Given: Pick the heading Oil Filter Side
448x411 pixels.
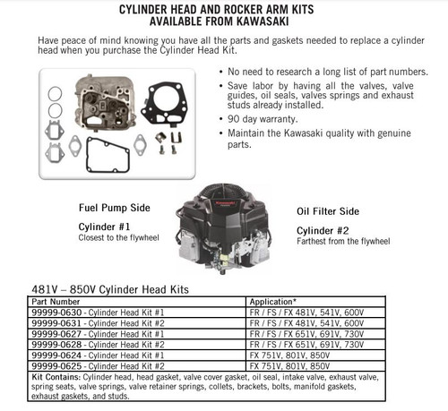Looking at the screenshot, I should click(x=328, y=211).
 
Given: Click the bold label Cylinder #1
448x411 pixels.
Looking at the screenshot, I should click(x=106, y=227).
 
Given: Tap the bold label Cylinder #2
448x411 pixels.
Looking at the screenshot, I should click(x=323, y=230).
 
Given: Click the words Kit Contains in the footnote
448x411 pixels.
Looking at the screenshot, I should click(x=57, y=376).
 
